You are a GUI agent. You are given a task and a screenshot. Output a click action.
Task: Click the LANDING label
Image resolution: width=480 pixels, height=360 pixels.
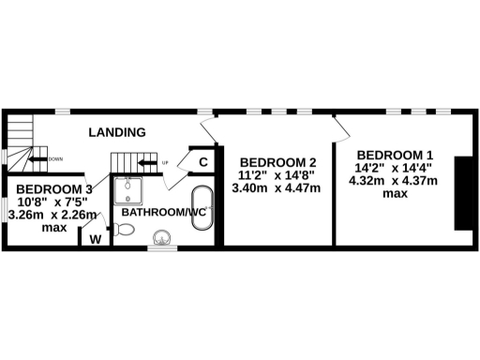pos(117,132)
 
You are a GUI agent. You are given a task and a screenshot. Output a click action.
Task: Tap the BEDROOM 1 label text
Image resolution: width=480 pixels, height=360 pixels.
pos(395,154)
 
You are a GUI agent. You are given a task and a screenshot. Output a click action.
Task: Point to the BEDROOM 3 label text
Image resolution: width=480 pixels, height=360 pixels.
pos(52,187)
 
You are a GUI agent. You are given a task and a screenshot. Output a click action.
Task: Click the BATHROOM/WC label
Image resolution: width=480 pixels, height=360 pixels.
pos(158,213)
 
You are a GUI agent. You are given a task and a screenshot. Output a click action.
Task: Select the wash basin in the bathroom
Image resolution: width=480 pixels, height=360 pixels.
pos(162,236)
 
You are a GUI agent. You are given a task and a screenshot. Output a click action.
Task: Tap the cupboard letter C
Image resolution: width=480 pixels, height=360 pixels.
pos(202,162)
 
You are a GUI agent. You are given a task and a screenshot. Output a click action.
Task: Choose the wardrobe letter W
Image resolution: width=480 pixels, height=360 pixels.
pos(94,238)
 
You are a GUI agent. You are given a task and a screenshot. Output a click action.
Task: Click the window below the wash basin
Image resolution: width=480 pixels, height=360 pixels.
pos(162,247)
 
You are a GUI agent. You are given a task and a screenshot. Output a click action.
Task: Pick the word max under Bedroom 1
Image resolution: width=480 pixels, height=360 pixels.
pos(395,194)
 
